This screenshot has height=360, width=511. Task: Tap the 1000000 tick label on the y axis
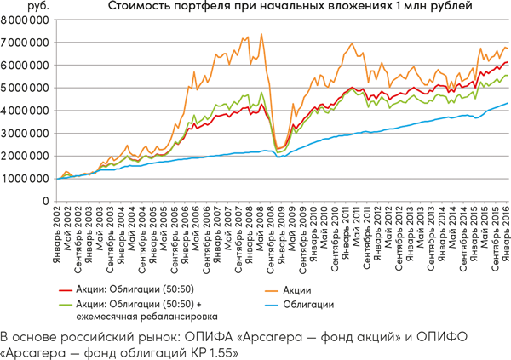click(25, 179)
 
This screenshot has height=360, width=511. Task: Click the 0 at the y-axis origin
click(45, 202)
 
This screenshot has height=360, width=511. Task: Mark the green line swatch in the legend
click(62, 304)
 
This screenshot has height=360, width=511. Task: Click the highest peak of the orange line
click(261, 34)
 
